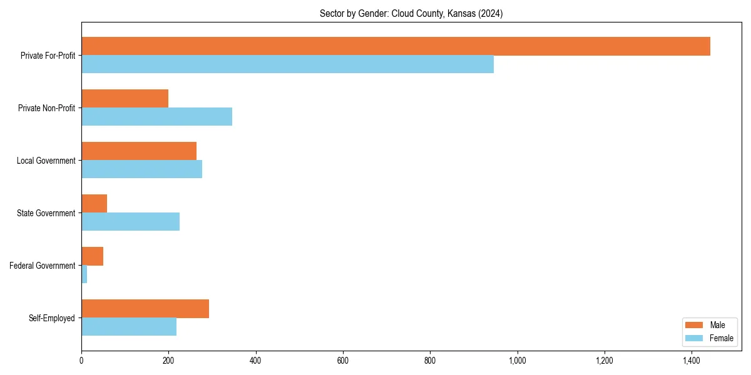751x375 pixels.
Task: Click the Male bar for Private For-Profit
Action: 396,46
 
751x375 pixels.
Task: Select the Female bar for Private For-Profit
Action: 287,64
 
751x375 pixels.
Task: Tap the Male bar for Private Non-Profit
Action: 125,99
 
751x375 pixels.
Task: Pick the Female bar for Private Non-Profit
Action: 156,117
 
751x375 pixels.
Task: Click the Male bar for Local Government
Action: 139,151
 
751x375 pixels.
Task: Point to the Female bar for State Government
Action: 130,222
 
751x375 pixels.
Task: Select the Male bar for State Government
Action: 94,204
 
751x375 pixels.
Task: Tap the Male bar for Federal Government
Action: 92,256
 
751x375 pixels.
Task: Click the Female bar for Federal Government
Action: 84,274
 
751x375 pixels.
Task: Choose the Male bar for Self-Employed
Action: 145,309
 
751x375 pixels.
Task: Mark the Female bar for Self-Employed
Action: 129,327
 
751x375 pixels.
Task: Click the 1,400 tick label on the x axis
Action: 691,361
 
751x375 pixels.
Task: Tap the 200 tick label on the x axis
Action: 168,361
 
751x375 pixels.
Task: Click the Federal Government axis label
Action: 43,266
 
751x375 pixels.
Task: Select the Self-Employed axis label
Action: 52,318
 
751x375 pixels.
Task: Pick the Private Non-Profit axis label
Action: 46,108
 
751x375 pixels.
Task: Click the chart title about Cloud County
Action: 411,13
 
